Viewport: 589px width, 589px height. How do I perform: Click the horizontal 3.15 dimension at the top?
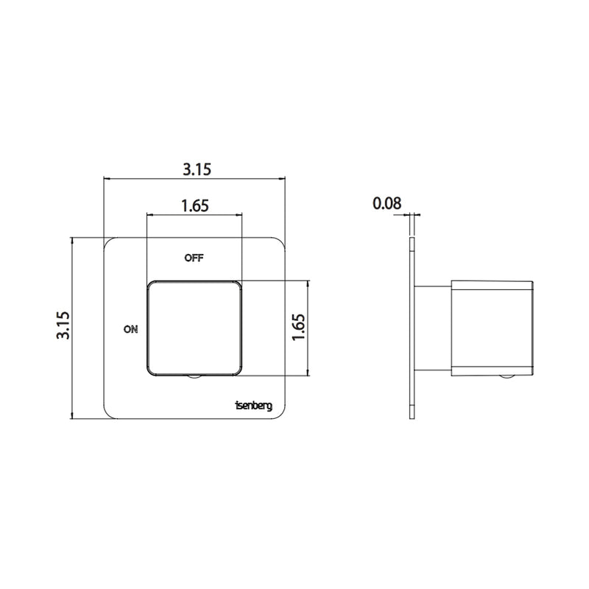point(197,169)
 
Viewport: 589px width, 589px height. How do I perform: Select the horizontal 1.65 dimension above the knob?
point(195,206)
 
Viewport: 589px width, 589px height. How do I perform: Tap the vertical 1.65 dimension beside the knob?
point(299,326)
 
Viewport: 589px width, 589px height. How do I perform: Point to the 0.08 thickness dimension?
point(386,204)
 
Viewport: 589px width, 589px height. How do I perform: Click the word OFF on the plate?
point(194,258)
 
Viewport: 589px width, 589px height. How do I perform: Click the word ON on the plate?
point(130,330)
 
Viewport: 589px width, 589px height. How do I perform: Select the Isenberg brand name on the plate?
point(253,405)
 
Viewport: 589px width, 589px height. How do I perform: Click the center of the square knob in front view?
point(194,328)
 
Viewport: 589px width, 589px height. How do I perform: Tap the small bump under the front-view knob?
point(194,377)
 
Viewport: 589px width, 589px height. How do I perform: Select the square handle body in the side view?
point(491,327)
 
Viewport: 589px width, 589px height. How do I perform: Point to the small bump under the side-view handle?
point(507,376)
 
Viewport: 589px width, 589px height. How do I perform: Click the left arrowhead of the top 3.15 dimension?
point(107,179)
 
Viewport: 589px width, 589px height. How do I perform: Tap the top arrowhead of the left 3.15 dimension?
point(72,241)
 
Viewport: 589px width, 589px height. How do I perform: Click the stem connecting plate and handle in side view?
point(434,327)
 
